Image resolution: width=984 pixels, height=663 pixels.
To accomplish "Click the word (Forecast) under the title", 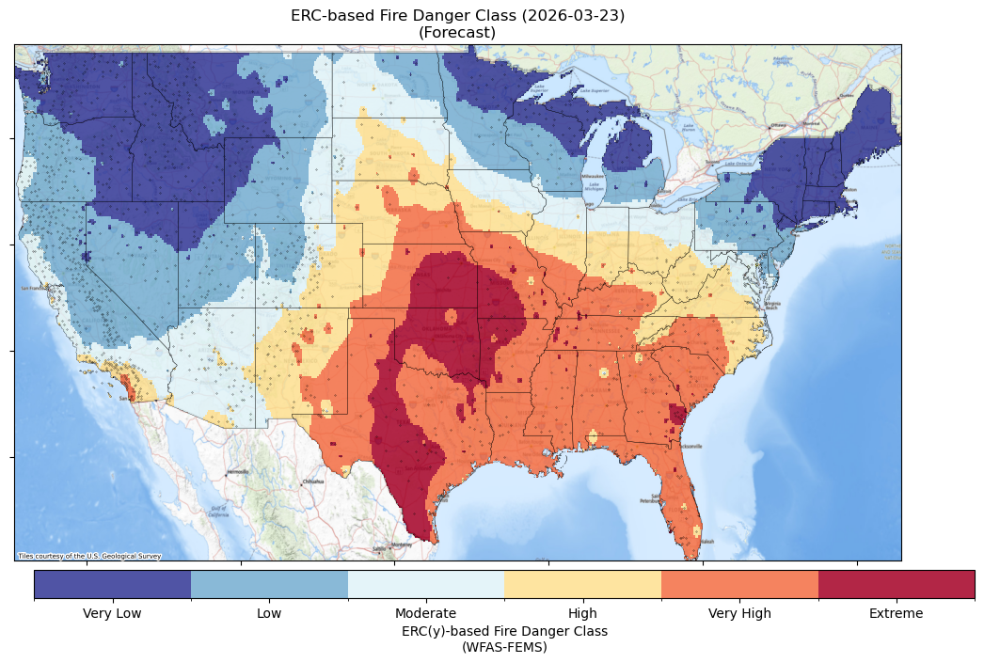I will coord(457,33).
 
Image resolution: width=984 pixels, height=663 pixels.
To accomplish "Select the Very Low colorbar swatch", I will coord(113,584).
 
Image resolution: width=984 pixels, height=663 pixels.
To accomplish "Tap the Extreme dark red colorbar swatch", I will coord(896,584).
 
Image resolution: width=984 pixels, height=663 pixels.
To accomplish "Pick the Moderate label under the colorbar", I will coord(425,614).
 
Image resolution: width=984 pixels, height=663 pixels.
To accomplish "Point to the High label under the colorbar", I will coord(582,614).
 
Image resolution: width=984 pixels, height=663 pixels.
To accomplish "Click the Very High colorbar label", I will coord(739,614).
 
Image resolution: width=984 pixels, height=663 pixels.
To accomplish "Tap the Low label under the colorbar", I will coord(269,614).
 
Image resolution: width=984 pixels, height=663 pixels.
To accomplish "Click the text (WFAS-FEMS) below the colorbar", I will coord(504,647).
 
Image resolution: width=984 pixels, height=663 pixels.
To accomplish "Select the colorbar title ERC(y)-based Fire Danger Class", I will coord(504,631).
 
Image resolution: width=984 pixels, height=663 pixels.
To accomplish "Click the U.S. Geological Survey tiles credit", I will coord(89,556).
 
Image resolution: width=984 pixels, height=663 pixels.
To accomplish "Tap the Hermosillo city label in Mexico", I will coord(238,472).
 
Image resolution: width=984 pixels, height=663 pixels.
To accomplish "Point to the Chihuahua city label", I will coord(311,481).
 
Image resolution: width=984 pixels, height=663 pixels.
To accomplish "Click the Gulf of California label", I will coord(217,513).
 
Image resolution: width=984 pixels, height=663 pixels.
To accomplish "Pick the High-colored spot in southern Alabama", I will coord(593,435).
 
